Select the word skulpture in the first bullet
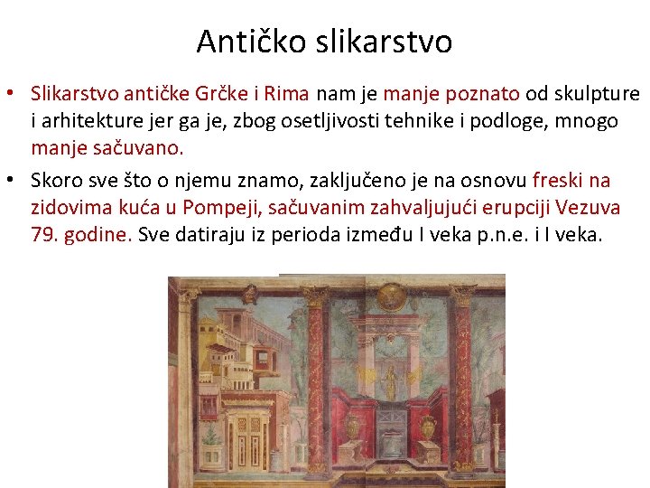591,93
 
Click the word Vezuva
588,208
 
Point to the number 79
42,235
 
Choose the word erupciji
506,208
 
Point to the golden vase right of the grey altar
430,425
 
